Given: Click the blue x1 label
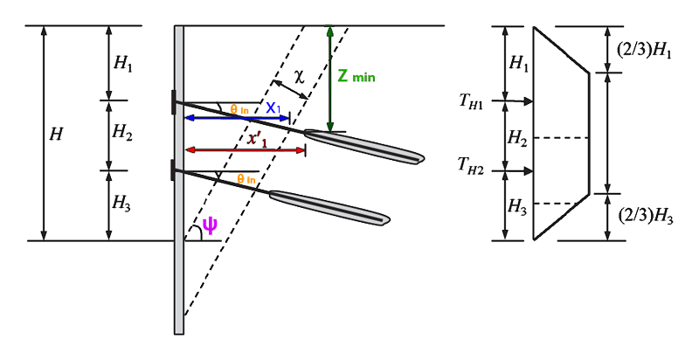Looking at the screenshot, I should coord(273,107).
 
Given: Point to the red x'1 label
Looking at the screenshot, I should coord(256,140).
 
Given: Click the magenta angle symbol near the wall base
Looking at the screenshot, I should coord(210,225).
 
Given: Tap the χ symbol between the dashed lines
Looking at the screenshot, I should coord(300,79).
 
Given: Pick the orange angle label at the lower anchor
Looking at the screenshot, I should coord(246,178).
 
